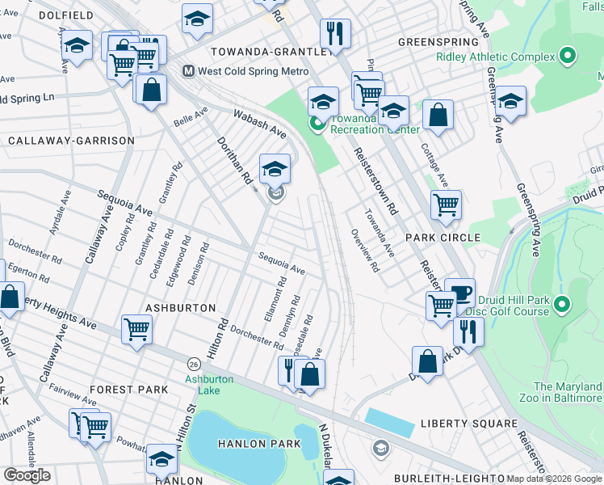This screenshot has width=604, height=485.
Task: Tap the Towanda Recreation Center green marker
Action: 317,124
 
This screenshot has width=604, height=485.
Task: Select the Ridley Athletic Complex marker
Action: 568,57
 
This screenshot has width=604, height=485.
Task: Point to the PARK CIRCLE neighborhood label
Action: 443,238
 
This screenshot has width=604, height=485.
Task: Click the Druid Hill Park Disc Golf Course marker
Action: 563,305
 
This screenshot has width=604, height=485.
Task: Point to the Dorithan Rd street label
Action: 235,162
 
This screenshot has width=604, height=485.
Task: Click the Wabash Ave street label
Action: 260,122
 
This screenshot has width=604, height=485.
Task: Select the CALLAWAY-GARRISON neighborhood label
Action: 71,141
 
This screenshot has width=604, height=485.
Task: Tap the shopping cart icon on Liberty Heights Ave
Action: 136,330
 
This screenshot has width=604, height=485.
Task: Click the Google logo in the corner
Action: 27,475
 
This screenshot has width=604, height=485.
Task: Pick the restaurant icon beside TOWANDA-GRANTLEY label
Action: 334,34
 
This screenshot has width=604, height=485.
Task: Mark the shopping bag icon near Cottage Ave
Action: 438,116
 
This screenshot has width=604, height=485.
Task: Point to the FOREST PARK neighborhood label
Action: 129,390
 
